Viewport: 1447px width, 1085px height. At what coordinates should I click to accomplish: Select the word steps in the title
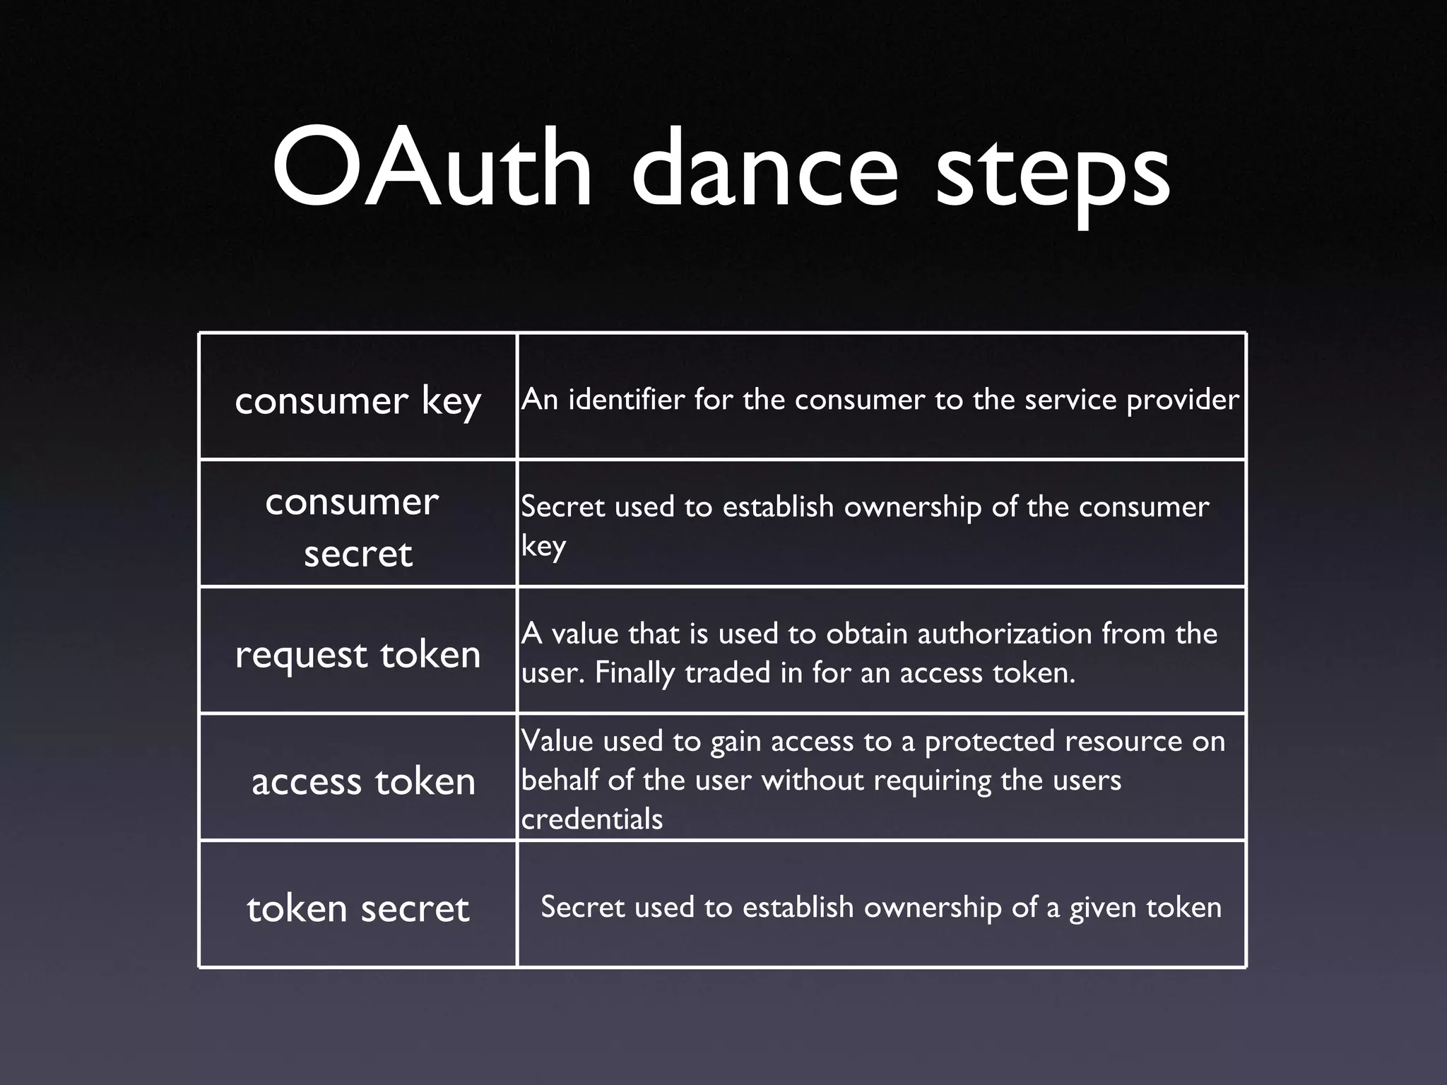1053,173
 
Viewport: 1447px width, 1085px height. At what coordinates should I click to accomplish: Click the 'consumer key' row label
358,401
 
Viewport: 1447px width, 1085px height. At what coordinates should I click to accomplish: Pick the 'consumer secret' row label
353,527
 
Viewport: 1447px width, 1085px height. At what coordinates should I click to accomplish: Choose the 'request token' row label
358,654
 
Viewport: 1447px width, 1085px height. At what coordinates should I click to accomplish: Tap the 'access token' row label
363,781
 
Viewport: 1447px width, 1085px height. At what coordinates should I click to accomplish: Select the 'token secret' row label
358,908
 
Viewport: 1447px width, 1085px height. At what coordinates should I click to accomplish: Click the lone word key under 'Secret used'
543,547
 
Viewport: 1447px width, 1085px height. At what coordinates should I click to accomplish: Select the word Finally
634,673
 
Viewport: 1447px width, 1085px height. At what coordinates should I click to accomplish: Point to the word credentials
592,819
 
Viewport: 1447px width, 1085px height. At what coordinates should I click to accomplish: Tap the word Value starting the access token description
557,741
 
